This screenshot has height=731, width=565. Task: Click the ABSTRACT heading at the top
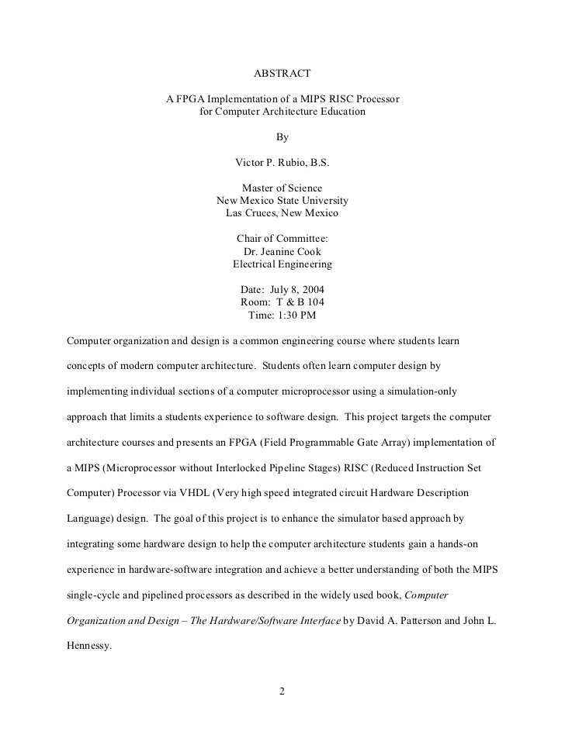pos(282,73)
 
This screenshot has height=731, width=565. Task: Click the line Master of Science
pos(282,188)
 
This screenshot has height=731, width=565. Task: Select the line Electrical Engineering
pos(282,264)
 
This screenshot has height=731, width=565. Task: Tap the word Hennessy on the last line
pos(90,643)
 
